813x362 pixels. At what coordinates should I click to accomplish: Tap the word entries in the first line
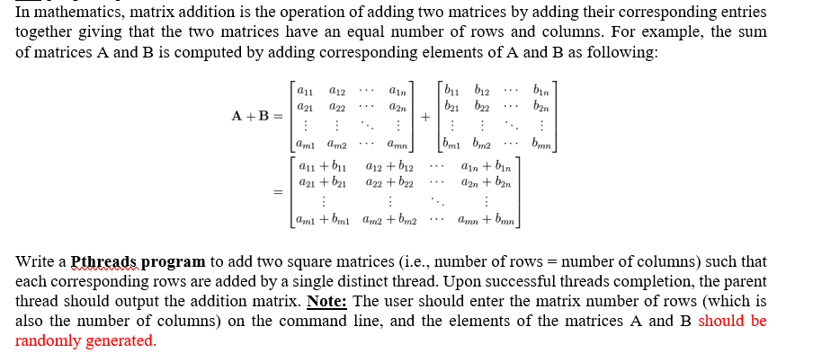(x=742, y=13)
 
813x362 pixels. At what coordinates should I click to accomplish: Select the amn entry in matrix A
(x=396, y=146)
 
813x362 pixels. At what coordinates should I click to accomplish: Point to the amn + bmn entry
(x=486, y=220)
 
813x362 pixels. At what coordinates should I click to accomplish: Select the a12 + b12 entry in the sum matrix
(x=390, y=166)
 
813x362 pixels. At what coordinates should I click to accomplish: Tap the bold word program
(x=173, y=262)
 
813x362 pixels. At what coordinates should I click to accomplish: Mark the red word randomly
(x=49, y=341)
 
